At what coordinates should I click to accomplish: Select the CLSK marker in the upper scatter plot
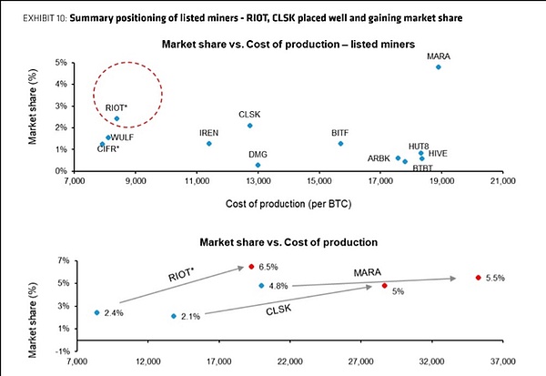coord(250,126)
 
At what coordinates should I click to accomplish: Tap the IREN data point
coord(209,144)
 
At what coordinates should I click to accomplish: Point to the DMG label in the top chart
coord(258,155)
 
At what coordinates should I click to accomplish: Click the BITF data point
coord(340,144)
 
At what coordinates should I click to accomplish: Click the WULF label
coord(122,137)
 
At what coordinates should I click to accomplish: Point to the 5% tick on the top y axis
coord(56,63)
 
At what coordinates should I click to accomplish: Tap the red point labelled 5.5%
coord(478,278)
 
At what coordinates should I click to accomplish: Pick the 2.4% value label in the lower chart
coord(113,313)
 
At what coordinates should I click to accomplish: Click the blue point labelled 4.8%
coord(261,286)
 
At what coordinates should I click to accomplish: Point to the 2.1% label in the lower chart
coord(190,316)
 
